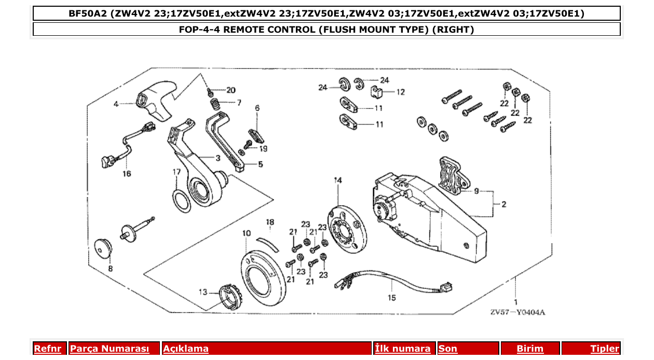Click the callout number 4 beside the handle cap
point(116,104)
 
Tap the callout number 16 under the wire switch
point(127,174)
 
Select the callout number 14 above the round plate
point(338,181)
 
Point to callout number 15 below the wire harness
point(392,297)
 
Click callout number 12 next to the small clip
point(400,92)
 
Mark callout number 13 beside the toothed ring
point(202,292)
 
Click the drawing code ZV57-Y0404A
point(517,312)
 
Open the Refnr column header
point(47,349)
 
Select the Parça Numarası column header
point(109,349)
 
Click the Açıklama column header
point(186,349)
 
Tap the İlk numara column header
point(402,349)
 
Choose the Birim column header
point(530,349)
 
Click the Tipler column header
point(605,349)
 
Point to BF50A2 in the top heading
point(88,13)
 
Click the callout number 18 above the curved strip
point(270,223)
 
